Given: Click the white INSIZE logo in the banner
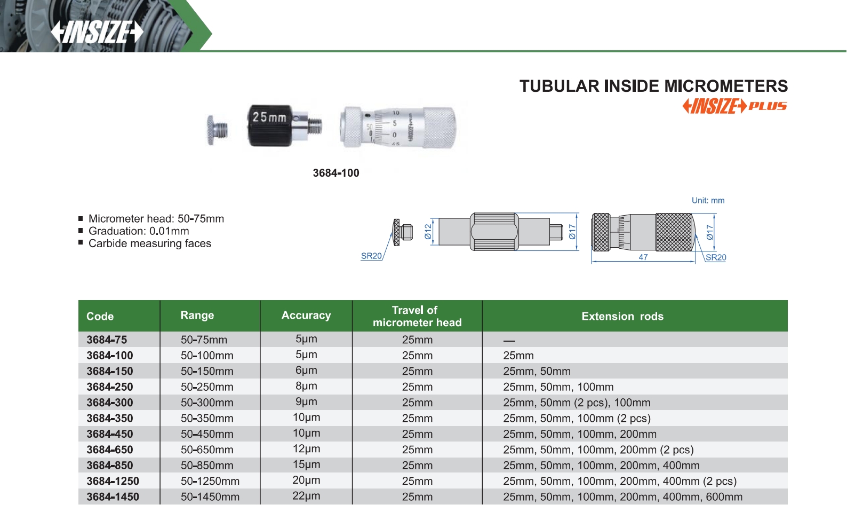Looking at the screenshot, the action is click(97, 32).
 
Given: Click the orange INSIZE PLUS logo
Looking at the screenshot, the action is click(734, 106).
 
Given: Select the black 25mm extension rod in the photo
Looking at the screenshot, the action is click(285, 125).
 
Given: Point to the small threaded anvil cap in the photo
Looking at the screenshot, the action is click(217, 130).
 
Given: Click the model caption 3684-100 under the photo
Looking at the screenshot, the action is click(336, 173).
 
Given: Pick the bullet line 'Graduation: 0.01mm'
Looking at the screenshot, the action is click(138, 231).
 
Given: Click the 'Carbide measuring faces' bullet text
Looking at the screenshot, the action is click(150, 243).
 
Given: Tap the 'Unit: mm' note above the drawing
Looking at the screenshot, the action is click(708, 200).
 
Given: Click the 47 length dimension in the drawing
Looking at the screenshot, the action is click(643, 257).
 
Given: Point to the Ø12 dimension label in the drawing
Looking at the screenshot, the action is click(428, 232).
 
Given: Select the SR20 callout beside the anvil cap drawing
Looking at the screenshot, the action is click(371, 256).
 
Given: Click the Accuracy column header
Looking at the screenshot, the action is click(306, 315).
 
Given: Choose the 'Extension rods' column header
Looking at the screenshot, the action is click(622, 316).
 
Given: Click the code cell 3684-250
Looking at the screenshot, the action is click(110, 387).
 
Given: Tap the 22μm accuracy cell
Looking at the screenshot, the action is click(306, 496).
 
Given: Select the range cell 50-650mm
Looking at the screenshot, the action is click(207, 450).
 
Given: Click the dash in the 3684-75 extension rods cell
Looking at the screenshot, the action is click(509, 341).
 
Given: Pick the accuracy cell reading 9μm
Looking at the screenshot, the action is click(306, 401).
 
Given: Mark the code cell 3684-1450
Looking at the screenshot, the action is click(113, 497).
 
